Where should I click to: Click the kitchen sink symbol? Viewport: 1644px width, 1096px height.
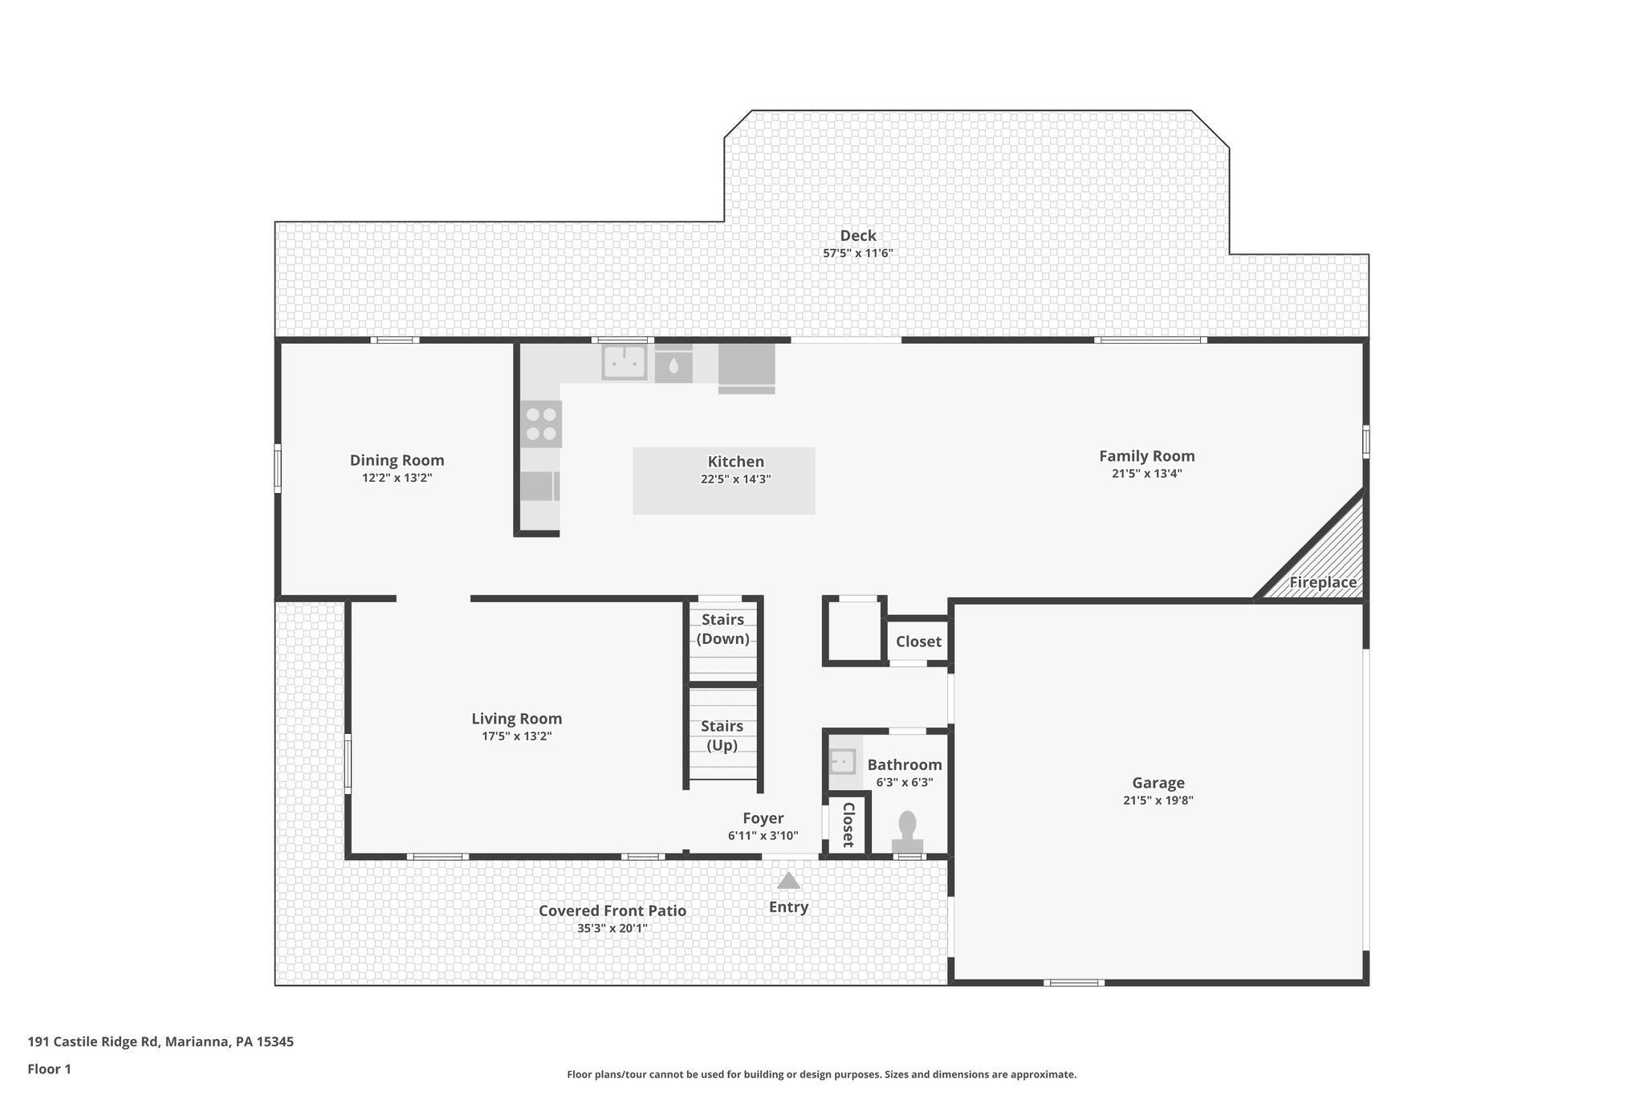click(625, 362)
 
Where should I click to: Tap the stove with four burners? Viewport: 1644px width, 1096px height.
click(540, 425)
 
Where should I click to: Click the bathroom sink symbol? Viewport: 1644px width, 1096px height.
click(842, 760)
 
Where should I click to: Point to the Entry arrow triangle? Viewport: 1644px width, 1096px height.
click(788, 881)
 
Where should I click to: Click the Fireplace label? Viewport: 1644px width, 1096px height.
click(1322, 582)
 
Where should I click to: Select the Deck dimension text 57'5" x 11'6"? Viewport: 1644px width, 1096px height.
click(857, 253)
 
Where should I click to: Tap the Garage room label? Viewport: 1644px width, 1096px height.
click(1158, 783)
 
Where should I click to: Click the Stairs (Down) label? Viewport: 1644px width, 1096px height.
click(722, 629)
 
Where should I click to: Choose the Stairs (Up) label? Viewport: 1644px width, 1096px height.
click(722, 735)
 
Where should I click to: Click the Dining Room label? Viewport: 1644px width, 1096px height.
click(397, 460)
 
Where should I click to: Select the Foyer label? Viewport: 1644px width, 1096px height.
click(763, 818)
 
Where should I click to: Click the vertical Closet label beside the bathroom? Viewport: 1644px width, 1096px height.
click(847, 825)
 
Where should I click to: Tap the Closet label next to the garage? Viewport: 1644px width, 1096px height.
click(918, 642)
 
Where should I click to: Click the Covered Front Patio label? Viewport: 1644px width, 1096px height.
click(612, 911)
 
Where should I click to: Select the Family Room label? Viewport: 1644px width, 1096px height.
click(1146, 456)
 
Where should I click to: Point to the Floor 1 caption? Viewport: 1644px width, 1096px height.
click(50, 1069)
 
